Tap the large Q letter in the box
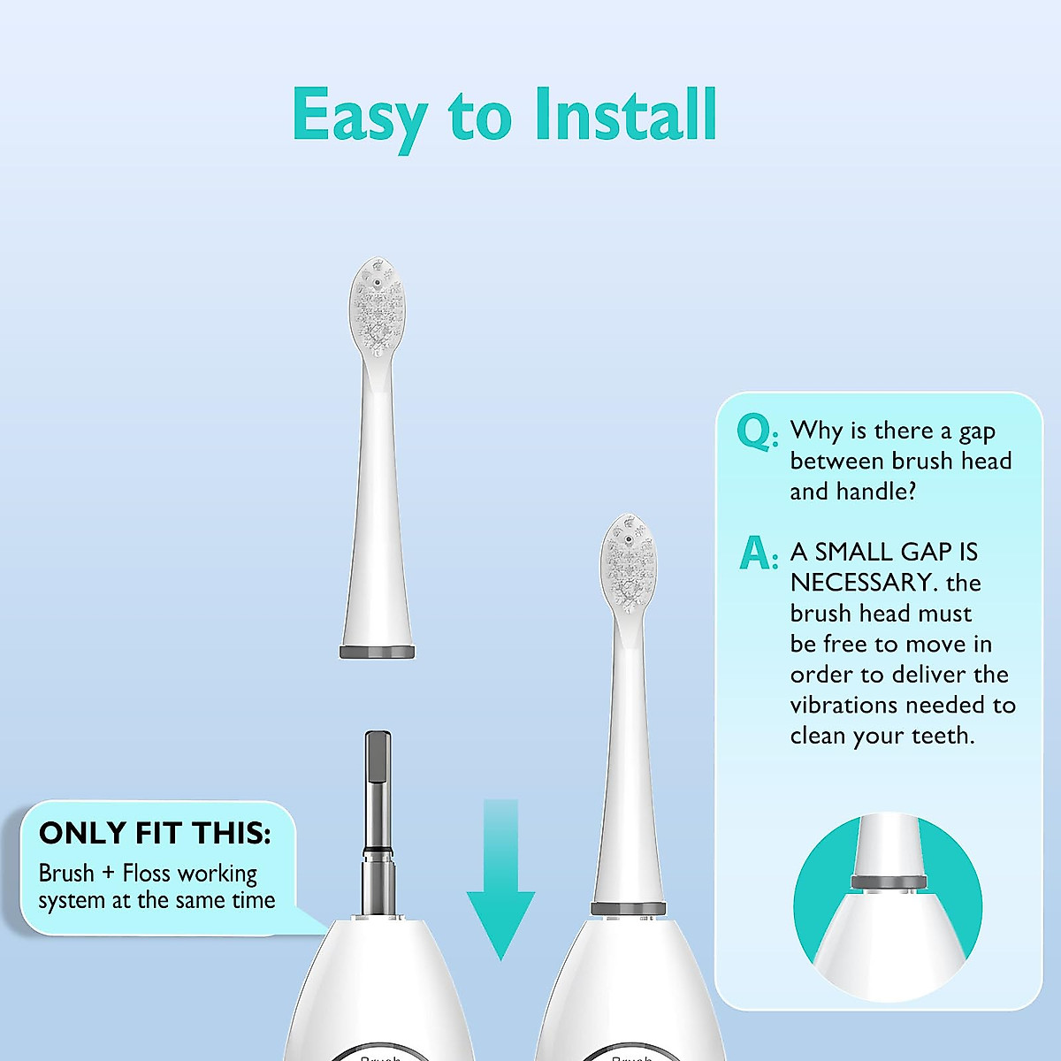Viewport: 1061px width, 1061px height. tap(754, 432)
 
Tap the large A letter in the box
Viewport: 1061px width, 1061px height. tap(755, 553)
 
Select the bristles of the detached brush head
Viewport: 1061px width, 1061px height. tap(378, 309)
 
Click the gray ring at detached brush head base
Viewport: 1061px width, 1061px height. tap(377, 653)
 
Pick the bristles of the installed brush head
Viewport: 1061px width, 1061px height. tap(630, 566)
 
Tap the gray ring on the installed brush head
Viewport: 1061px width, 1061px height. tap(629, 909)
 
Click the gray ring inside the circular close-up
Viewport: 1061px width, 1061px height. tap(888, 882)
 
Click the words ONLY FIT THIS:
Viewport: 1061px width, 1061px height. tap(155, 833)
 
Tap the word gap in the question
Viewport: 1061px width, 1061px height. tap(977, 431)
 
